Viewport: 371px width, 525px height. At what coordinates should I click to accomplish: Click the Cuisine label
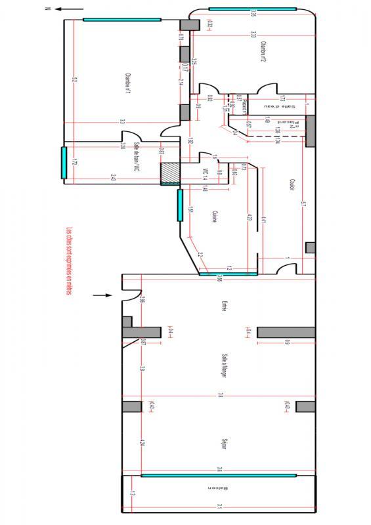click(x=215, y=217)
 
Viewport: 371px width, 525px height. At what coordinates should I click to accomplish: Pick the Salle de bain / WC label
click(x=137, y=157)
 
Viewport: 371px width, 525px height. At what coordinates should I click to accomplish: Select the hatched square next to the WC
click(x=170, y=173)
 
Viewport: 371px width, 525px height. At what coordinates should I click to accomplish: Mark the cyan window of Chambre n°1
click(x=121, y=20)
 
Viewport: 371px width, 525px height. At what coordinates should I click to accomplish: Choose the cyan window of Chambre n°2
click(x=253, y=9)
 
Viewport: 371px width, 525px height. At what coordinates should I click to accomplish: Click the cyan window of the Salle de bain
click(x=64, y=163)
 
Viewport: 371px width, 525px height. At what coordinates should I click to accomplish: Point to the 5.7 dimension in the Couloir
click(x=305, y=205)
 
